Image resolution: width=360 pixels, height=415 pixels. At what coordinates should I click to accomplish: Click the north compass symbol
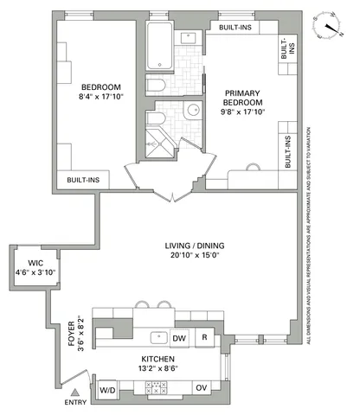[x=330, y=26]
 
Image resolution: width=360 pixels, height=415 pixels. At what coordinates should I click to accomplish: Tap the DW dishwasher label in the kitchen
[x=180, y=337]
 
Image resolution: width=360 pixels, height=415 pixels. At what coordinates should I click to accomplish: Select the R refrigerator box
[x=204, y=337]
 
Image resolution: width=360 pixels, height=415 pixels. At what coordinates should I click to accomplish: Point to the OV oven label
[x=200, y=388]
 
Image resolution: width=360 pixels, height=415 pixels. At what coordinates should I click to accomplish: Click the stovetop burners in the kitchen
[x=157, y=388]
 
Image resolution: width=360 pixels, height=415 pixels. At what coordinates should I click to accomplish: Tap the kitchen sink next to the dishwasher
[x=157, y=337]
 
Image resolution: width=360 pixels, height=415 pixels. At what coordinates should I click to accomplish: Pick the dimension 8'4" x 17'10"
[x=100, y=97]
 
